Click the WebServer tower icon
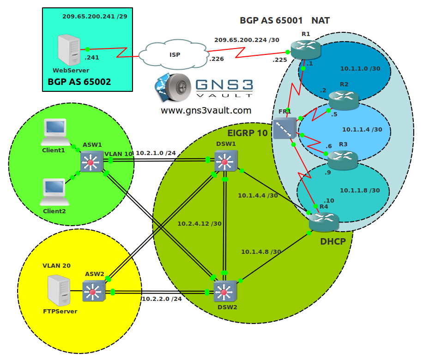(x=69, y=50)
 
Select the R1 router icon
(x=306, y=50)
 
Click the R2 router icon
(x=344, y=100)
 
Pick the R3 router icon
(x=343, y=160)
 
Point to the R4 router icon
(x=324, y=222)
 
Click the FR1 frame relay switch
(x=285, y=128)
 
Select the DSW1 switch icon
(x=226, y=161)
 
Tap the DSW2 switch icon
(x=225, y=291)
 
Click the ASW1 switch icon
(x=92, y=161)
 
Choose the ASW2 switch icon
(x=94, y=291)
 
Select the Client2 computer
(x=54, y=192)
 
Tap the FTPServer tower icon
(x=59, y=290)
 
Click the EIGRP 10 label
(x=248, y=133)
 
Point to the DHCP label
(x=333, y=241)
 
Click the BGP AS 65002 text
(x=79, y=82)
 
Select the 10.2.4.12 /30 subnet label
(x=199, y=223)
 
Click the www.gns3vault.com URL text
(x=206, y=110)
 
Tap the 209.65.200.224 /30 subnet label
(x=247, y=40)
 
